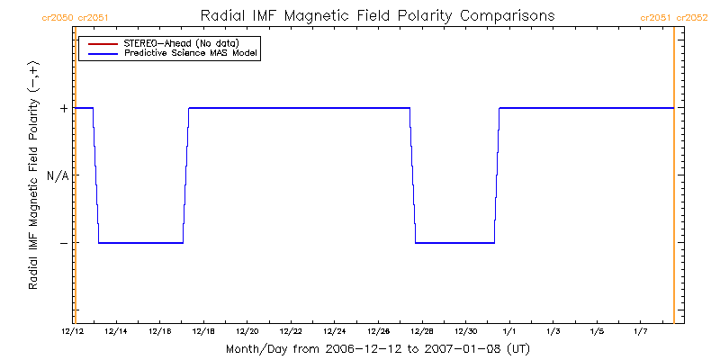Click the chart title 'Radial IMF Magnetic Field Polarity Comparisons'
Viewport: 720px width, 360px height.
tap(375, 15)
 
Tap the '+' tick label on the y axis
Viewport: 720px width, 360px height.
tap(63, 108)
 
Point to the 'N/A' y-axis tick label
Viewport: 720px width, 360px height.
tap(58, 175)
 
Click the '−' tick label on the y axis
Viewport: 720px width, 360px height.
tap(63, 243)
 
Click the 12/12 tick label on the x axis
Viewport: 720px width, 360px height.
tap(73, 332)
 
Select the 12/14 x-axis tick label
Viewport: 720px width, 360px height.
tap(116, 332)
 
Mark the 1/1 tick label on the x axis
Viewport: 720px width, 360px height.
tap(508, 332)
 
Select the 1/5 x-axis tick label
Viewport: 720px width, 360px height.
tap(596, 332)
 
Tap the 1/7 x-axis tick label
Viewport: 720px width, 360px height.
tap(640, 332)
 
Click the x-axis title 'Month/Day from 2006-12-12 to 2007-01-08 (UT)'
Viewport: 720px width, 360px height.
tap(375, 348)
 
